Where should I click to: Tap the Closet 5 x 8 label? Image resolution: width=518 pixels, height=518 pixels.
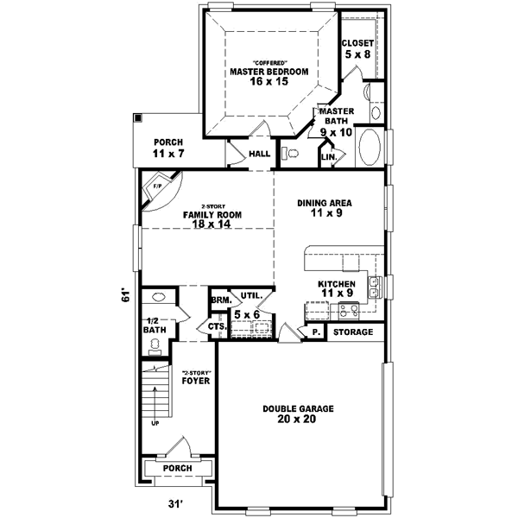(x=357, y=48)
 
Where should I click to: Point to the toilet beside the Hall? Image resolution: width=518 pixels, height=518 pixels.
(x=290, y=153)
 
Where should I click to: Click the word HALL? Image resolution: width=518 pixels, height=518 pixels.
(x=259, y=155)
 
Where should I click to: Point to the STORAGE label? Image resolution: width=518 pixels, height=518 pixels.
(x=353, y=332)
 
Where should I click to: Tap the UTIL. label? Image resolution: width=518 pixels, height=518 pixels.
(x=250, y=295)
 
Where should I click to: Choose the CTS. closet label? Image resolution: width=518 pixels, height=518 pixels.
(x=217, y=326)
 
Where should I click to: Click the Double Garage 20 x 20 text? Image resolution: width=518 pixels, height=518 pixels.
(x=300, y=414)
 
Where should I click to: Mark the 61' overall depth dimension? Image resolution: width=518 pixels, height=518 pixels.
(x=126, y=296)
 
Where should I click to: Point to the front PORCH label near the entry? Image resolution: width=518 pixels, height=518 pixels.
(x=178, y=470)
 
